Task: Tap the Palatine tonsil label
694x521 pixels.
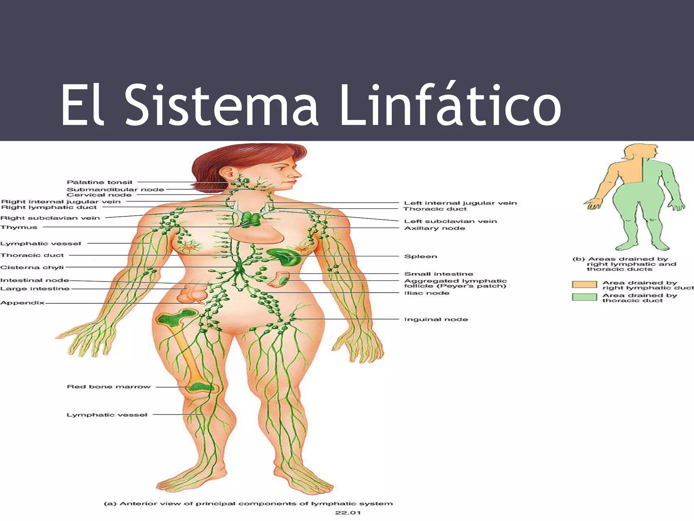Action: click(x=99, y=182)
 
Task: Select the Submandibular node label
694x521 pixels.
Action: click(x=115, y=189)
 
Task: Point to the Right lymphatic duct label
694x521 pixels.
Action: click(x=49, y=207)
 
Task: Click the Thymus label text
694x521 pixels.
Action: click(x=19, y=227)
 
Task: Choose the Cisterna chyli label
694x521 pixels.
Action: click(x=32, y=267)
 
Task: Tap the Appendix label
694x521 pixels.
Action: click(x=22, y=303)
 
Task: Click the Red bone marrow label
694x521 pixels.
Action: click(x=108, y=387)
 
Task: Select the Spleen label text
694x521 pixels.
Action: click(x=421, y=256)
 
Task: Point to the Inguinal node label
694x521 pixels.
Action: click(x=436, y=319)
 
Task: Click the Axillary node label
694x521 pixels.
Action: click(x=434, y=228)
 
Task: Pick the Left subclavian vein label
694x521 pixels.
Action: click(x=450, y=221)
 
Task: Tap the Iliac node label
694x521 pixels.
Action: click(x=427, y=293)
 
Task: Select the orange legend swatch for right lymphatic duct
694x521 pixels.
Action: click(x=584, y=284)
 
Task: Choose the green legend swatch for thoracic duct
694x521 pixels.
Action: click(x=584, y=297)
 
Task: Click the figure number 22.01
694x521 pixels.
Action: click(x=348, y=513)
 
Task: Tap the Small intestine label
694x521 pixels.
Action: click(x=438, y=274)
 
